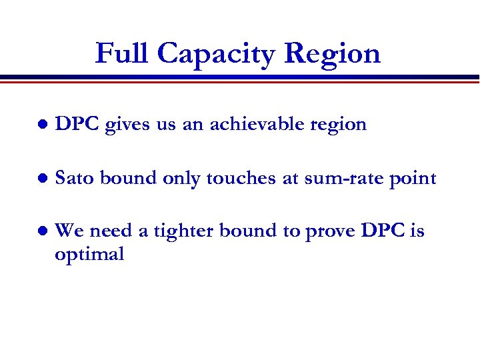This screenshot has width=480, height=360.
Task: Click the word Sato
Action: click(x=75, y=178)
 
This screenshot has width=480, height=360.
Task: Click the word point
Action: click(x=417, y=179)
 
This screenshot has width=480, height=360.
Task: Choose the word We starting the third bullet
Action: click(x=69, y=231)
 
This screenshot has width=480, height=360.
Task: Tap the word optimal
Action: click(x=90, y=255)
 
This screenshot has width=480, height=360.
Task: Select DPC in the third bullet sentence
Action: click(x=384, y=231)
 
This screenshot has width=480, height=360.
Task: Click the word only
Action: click(x=183, y=178)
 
